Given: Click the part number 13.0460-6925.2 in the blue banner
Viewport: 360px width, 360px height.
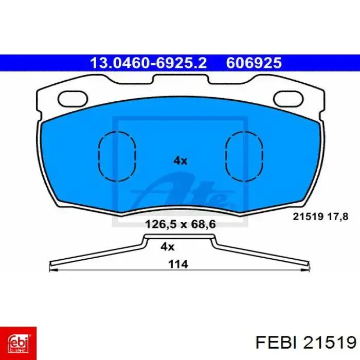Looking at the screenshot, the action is [148, 63].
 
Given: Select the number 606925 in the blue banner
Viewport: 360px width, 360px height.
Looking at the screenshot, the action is [254, 63].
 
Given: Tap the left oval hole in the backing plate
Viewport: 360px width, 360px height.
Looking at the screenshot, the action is [73, 99].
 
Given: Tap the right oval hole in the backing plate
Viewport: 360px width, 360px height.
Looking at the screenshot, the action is [289, 99].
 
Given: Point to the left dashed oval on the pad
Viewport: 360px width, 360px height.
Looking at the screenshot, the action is [99, 156].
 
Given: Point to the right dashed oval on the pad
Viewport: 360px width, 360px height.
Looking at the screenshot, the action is [226, 156].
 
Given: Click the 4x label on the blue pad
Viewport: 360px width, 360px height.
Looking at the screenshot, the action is [180, 160].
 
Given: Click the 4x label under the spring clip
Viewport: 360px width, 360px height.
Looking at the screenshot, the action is [167, 247].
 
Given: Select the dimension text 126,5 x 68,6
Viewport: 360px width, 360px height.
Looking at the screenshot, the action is [181, 224].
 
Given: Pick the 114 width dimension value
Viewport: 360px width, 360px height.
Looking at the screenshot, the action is [178, 264].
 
